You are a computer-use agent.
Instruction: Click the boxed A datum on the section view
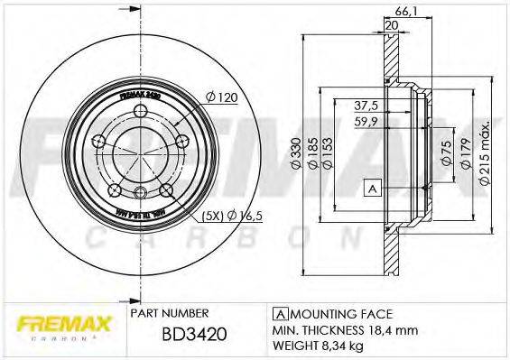pyautogui.click(x=371, y=188)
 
